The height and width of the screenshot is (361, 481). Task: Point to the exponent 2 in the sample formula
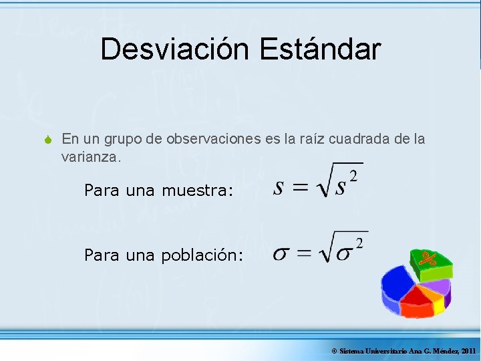pos(353,176)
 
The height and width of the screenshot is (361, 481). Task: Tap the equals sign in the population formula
pos(305,254)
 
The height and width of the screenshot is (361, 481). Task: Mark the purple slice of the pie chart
pos(440,289)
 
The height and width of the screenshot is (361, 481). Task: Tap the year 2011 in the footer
pos(468,351)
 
